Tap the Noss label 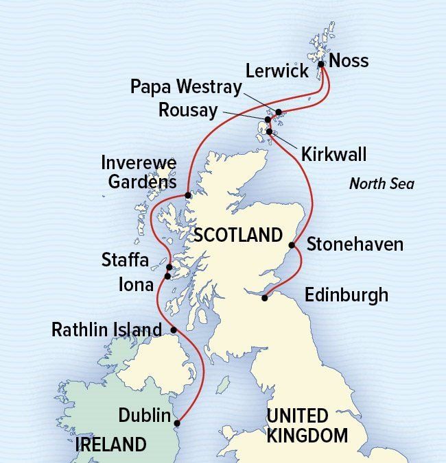pyautogui.click(x=349, y=60)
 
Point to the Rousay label pyautogui.click(x=187, y=110)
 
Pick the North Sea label pyautogui.click(x=382, y=184)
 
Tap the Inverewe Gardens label pyautogui.click(x=139, y=173)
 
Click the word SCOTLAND pyautogui.click(x=238, y=236)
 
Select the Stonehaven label pyautogui.click(x=354, y=244)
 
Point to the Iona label pyautogui.click(x=136, y=284)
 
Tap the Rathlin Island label pyautogui.click(x=106, y=330)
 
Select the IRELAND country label pyautogui.click(x=110, y=444)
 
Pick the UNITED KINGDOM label pyautogui.click(x=307, y=425)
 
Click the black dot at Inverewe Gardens pyautogui.click(x=188, y=195)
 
